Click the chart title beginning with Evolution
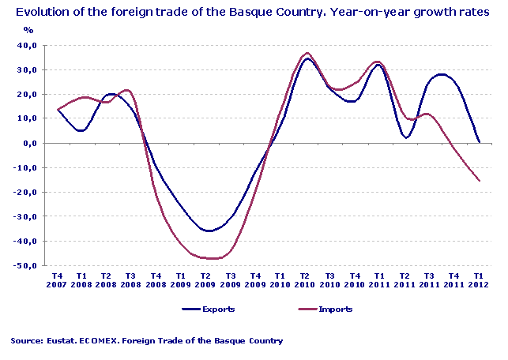point(253,13)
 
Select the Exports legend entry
point(209,309)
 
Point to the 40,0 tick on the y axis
point(28,46)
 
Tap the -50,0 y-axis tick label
point(27,266)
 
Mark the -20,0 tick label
point(27,193)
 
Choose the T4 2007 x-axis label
point(57,279)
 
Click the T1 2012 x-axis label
point(479,279)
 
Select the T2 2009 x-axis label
point(205,279)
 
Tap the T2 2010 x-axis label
point(306,279)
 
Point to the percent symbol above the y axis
point(28,30)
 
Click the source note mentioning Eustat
point(147,341)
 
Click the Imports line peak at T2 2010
point(307,53)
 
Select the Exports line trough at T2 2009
point(208,231)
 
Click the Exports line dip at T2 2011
point(406,137)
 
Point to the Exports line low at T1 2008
point(81,131)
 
